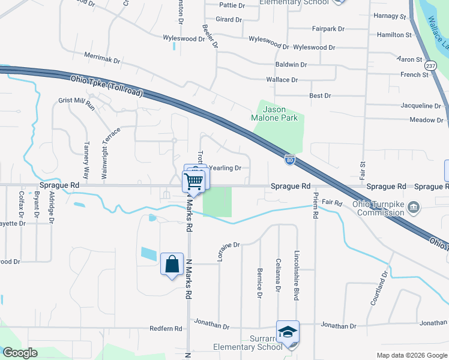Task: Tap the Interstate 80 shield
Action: pos(289,159)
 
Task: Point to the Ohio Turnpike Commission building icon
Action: pos(414,208)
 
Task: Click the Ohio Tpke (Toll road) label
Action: pos(107,85)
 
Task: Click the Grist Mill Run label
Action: pos(77,103)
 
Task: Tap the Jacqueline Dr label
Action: pos(421,106)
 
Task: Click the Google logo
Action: pos(20,353)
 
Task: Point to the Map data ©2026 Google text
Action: pos(412,355)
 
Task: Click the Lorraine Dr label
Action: pos(228,252)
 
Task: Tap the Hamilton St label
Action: pos(394,35)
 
